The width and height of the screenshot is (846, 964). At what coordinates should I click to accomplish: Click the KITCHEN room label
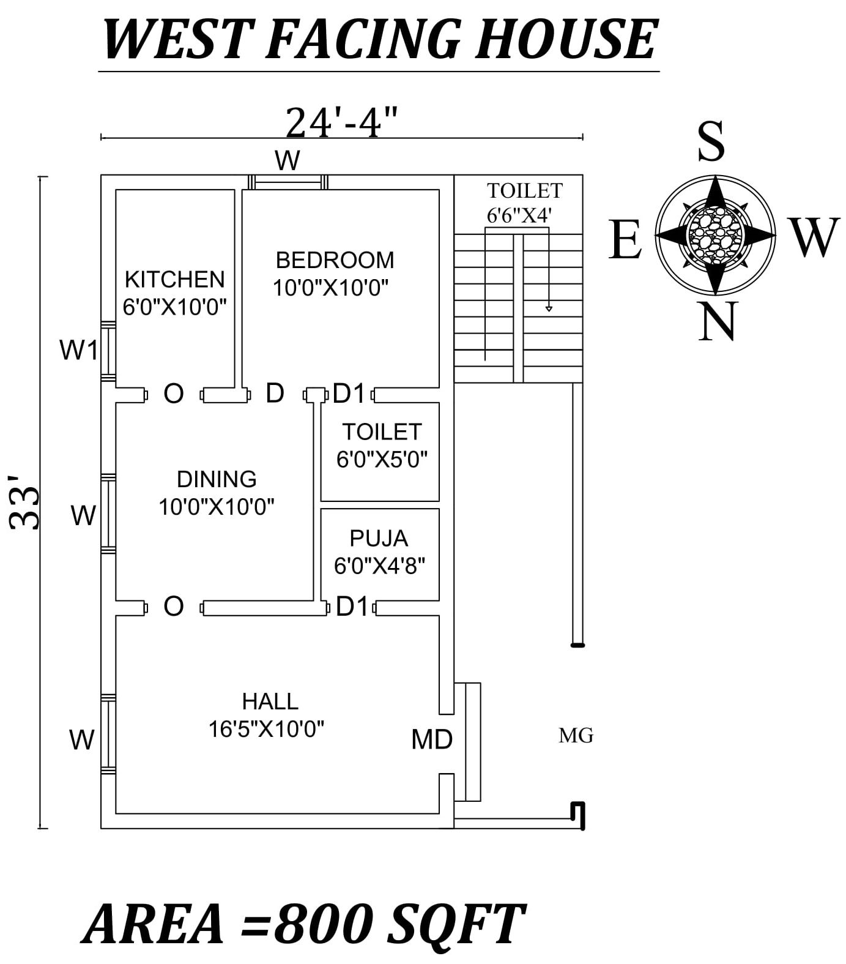175,280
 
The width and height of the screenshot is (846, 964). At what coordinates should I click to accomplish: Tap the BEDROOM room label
335,260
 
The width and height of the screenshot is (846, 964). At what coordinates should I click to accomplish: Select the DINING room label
217,479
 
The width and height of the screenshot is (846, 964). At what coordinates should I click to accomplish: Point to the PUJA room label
379,538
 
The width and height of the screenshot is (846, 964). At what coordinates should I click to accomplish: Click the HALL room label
270,701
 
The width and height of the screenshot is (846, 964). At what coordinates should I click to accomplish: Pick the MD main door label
431,739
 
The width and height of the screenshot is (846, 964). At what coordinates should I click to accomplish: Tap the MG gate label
576,735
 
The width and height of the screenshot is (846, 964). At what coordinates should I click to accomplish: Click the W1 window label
78,351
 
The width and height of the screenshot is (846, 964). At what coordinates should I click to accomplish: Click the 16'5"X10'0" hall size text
266,729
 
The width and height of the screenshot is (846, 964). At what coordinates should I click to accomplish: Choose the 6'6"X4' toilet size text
519,215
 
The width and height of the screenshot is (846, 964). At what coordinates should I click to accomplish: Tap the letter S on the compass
711,142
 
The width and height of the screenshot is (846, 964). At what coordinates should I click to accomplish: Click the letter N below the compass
718,322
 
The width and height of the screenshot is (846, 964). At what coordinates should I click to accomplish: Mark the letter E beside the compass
625,240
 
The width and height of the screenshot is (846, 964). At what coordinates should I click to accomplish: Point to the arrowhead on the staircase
549,308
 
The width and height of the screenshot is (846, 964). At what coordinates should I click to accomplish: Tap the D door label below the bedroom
275,393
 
